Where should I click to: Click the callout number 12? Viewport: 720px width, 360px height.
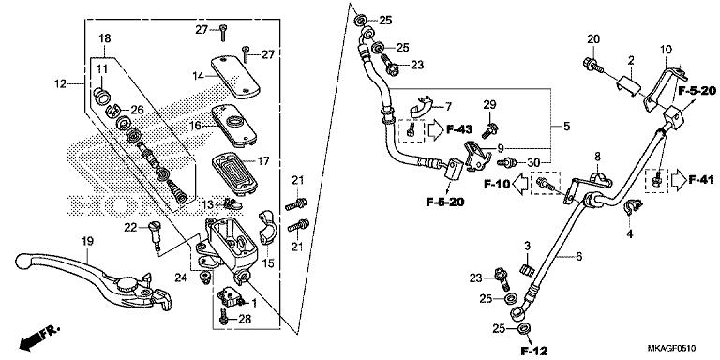click(60, 84)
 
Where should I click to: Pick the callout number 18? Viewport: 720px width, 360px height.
click(104, 37)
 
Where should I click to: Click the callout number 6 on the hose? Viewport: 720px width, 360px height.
click(578, 256)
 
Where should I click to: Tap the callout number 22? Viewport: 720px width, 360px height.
click(130, 226)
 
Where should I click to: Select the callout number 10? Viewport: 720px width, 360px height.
click(667, 49)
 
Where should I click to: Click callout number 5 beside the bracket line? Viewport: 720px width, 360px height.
click(566, 126)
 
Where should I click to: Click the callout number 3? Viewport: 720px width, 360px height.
click(528, 247)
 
